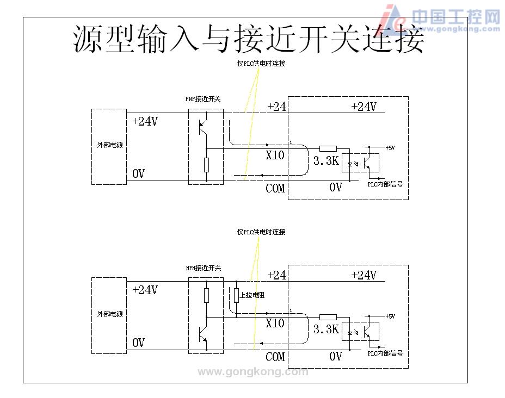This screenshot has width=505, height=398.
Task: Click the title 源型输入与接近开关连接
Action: click(249, 39)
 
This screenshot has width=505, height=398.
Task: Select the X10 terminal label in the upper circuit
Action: click(275, 155)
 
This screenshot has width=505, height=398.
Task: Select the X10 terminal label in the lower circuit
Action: click(275, 323)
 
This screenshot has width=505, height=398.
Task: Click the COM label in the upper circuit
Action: click(275, 189)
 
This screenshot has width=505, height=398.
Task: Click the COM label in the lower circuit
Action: click(275, 357)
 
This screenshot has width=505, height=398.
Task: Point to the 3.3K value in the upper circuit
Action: click(326, 161)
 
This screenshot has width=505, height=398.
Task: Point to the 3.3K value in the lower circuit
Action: click(326, 329)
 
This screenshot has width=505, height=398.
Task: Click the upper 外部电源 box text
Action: click(109, 145)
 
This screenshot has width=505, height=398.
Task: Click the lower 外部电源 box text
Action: click(109, 314)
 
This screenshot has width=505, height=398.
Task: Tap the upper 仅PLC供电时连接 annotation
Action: click(261, 64)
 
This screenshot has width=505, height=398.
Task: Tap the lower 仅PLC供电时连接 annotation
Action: click(261, 232)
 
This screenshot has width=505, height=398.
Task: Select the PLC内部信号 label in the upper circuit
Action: click(385, 184)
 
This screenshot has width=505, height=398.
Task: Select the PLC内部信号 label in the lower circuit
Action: click(385, 353)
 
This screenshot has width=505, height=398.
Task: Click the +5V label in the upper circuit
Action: click(391, 147)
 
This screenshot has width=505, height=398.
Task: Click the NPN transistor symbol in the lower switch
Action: click(204, 332)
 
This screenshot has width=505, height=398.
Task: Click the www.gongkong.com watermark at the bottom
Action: click(253, 372)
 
